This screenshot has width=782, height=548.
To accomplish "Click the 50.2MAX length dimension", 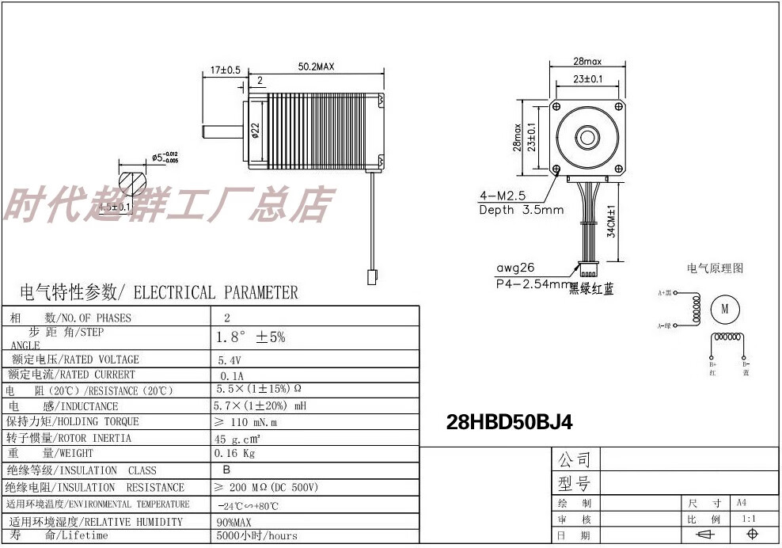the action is click(317, 68).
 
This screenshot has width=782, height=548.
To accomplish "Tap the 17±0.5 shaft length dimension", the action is click(226, 70).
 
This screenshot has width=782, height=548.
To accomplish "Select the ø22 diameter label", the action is click(255, 130).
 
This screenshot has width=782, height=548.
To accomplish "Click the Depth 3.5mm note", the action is click(521, 210).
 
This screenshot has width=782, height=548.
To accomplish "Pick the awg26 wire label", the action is click(515, 268).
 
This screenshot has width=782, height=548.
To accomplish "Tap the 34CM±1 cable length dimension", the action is click(611, 223).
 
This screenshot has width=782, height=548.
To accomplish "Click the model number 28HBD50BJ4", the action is click(509, 423).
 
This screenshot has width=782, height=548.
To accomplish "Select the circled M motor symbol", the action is click(724, 310).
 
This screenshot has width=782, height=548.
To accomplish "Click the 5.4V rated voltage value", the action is click(230, 360).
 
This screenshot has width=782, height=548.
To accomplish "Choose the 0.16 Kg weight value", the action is click(234, 454).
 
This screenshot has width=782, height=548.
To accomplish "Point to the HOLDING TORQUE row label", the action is click(72, 421).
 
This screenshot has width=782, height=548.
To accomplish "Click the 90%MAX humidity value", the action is click(233, 522).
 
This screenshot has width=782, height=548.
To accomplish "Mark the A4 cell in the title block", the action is click(742, 502).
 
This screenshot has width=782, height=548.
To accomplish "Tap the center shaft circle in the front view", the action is click(588, 135).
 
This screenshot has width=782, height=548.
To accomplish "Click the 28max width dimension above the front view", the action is click(587, 61).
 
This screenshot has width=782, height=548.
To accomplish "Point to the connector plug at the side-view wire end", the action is click(371, 276).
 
